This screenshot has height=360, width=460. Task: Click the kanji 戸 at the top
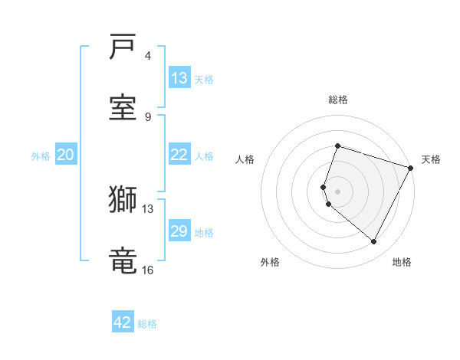tap(123, 48)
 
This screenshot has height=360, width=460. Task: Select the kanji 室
tap(123, 108)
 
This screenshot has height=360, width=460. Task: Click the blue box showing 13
tap(179, 78)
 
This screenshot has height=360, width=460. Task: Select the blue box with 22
tap(179, 155)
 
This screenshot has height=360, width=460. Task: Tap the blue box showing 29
tap(179, 231)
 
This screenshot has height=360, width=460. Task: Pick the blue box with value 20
tap(66, 155)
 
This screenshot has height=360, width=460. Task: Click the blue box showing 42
tap(123, 322)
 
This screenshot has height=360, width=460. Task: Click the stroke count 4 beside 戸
tap(148, 56)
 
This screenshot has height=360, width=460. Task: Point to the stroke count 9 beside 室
tap(148, 116)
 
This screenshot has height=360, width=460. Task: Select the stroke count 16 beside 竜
tap(148, 269)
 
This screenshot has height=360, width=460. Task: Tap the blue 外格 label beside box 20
tap(41, 155)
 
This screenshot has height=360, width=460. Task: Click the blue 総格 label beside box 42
tap(147, 324)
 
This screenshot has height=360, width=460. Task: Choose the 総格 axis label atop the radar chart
tap(338, 100)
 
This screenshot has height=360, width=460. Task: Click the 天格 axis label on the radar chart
tap(431, 159)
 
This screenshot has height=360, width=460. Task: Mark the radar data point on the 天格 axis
tap(410, 168)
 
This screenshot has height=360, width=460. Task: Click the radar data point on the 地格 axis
tap(374, 242)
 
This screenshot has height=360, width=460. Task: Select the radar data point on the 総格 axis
tap(337, 146)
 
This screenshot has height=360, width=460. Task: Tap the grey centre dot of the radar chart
tap(337, 191)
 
